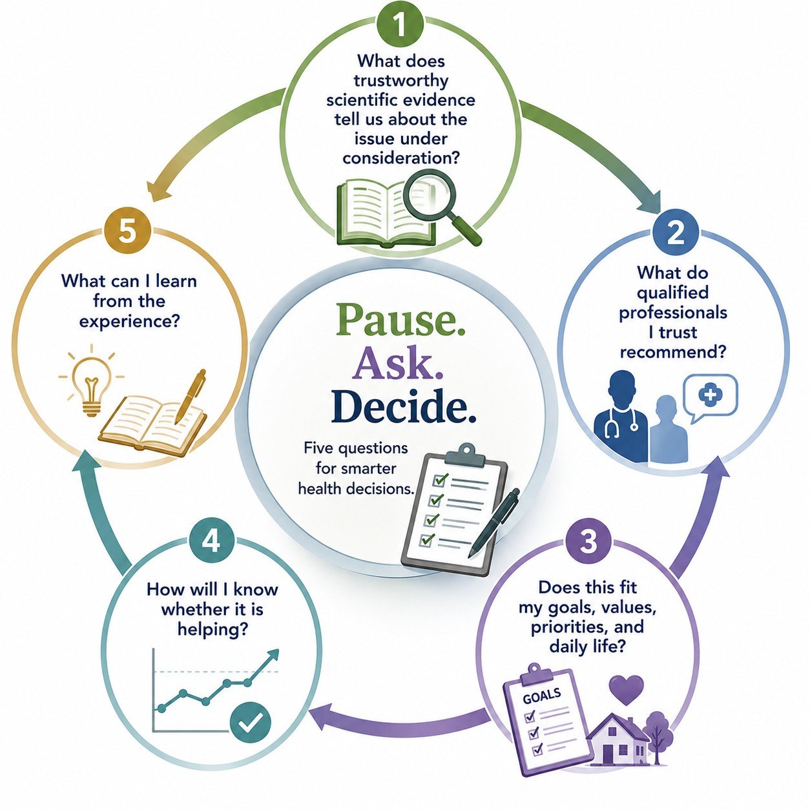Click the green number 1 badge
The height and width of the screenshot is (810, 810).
[x=400, y=25]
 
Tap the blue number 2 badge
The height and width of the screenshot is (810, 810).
[x=676, y=233]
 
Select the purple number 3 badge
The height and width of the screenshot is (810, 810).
[x=588, y=541]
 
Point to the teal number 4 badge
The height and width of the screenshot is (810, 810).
[x=211, y=542]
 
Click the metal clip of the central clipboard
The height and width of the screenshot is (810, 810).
[x=465, y=455]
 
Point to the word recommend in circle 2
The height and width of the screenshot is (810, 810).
[x=674, y=351]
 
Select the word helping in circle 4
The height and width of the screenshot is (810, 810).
[x=213, y=630]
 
